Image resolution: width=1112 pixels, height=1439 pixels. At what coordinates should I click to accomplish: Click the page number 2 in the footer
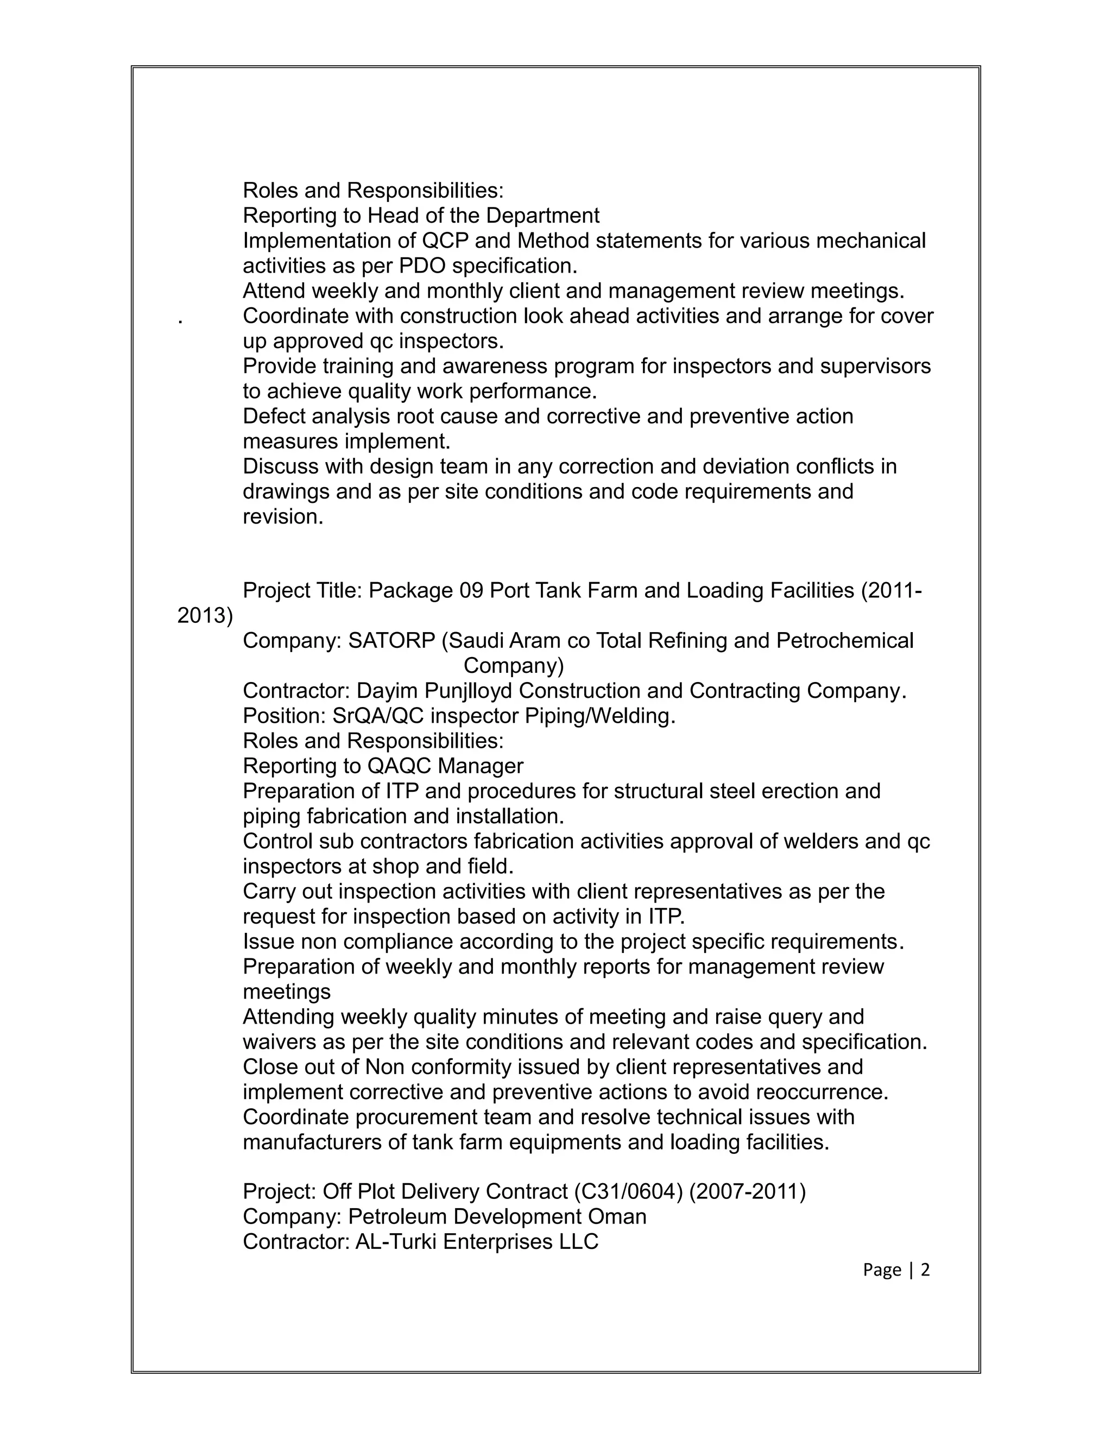click(x=925, y=1270)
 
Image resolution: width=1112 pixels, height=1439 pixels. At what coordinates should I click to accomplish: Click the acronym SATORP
click(x=391, y=640)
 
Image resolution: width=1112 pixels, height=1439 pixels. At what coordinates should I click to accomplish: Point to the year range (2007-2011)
click(x=747, y=1191)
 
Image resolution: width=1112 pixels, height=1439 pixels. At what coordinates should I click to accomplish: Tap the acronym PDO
click(x=422, y=266)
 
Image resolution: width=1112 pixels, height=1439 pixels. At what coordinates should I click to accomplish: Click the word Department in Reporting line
click(x=543, y=216)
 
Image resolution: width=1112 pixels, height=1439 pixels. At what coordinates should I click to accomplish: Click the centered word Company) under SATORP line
click(x=514, y=666)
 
